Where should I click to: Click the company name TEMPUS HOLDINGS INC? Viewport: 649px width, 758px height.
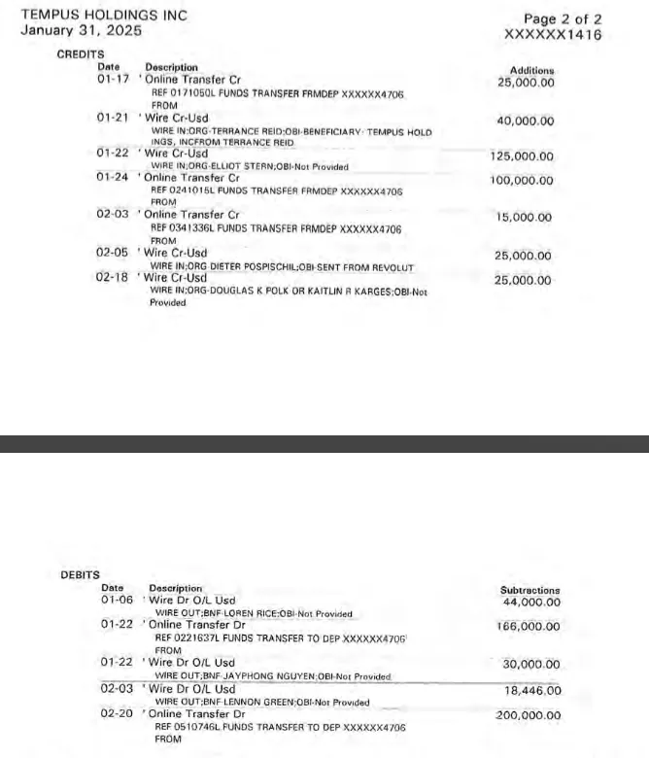point(104,15)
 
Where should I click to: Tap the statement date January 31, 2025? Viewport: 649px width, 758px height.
point(82,31)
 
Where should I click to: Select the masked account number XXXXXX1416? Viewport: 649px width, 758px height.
point(553,35)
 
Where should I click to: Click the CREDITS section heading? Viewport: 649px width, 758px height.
point(81,54)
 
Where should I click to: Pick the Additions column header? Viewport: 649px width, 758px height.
point(531,70)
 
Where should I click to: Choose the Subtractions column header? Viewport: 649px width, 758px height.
point(529,590)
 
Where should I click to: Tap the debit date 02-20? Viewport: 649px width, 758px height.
point(118,714)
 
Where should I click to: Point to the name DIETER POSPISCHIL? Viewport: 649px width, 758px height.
point(256,267)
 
